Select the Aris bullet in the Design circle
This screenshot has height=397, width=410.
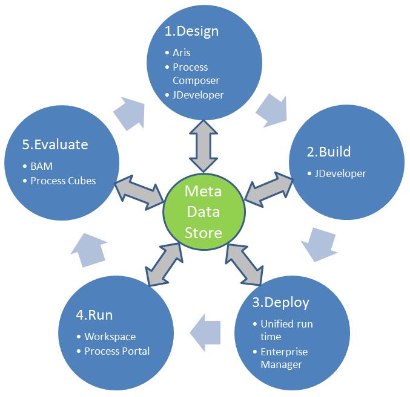tap(181, 53)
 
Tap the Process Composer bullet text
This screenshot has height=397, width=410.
tap(196, 74)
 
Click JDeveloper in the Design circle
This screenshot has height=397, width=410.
tap(198, 95)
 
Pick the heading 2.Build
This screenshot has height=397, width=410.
tap(328, 151)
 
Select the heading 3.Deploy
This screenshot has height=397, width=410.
tap(280, 302)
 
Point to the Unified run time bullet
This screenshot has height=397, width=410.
tap(286, 330)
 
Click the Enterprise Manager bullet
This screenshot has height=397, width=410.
tap(284, 358)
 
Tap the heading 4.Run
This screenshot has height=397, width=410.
tap(94, 315)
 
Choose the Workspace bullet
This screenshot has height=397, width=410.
tap(110, 337)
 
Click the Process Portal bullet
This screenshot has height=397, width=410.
tap(117, 351)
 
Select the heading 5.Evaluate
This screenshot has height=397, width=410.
tap(55, 144)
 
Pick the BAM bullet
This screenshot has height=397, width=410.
tap(38, 166)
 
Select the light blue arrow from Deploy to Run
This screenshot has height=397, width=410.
tap(206, 332)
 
